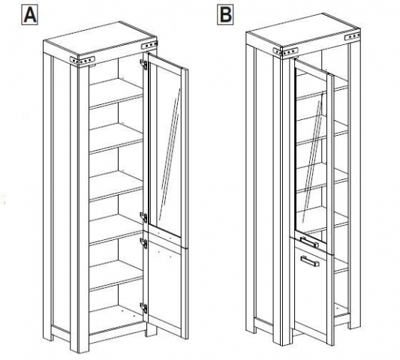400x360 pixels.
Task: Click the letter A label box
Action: (30, 15)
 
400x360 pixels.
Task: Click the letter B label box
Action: (225, 15)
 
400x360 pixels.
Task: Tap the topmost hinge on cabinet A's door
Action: (144, 64)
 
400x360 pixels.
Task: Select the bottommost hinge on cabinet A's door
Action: (144, 308)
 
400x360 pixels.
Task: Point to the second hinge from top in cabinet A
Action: (144, 217)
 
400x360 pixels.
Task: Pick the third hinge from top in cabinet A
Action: (144, 244)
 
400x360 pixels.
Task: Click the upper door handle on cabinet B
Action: (309, 242)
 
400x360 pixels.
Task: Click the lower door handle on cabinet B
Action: (310, 261)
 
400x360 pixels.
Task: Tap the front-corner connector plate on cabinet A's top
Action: (83, 61)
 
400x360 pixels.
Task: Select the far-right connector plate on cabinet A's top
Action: (149, 45)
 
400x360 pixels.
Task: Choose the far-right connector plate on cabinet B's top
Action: (352, 36)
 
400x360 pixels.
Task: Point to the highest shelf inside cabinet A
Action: (116, 93)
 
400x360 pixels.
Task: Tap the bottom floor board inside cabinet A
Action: (116, 319)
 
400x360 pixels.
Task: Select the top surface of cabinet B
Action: (303, 30)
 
